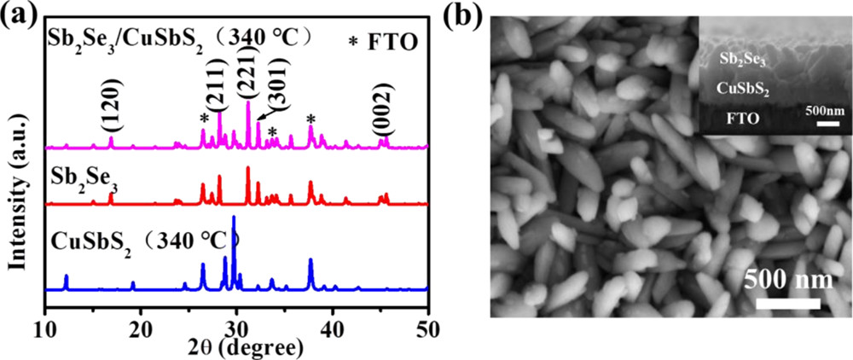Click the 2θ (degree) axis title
240,348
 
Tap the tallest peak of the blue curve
234,218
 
